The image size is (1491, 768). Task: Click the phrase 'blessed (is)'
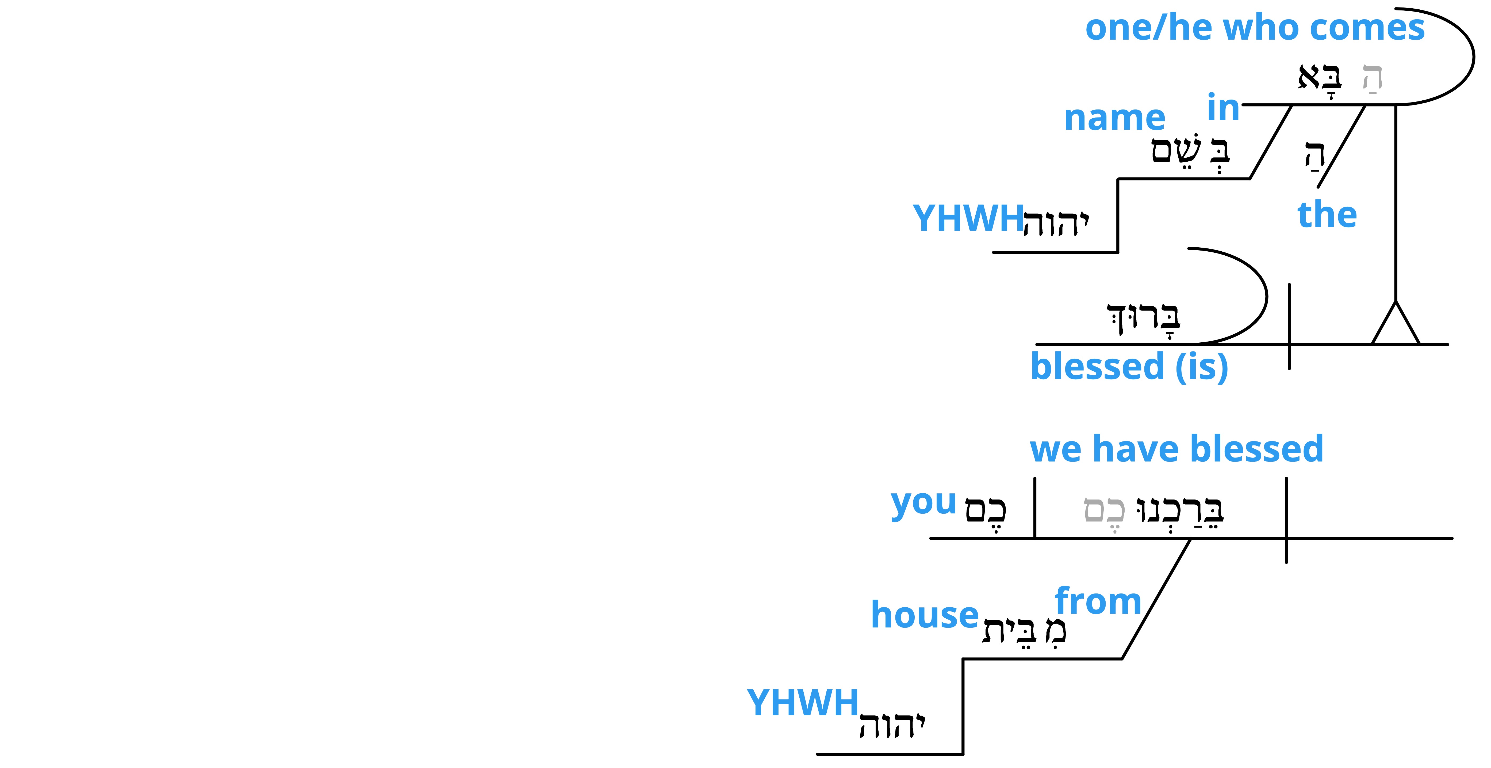tap(1129, 367)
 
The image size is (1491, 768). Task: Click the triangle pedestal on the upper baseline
tap(1396, 323)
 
